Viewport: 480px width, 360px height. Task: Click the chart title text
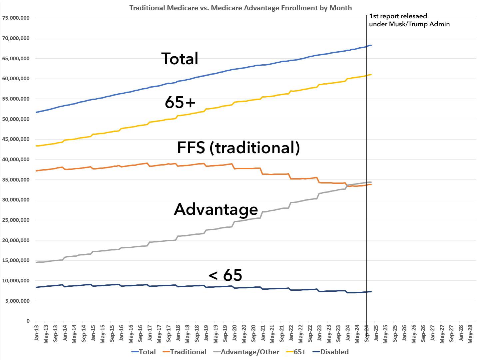point(240,8)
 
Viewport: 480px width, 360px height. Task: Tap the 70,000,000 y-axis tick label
point(16,38)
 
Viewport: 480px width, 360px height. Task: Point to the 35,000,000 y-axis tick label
point(16,180)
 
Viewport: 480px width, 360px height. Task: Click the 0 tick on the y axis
point(28,321)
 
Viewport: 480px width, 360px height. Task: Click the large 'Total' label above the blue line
point(180,59)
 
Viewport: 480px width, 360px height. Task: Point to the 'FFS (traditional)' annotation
point(239,148)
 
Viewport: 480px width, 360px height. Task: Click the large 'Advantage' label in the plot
point(216,209)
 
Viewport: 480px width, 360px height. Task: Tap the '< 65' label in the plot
point(225,275)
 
